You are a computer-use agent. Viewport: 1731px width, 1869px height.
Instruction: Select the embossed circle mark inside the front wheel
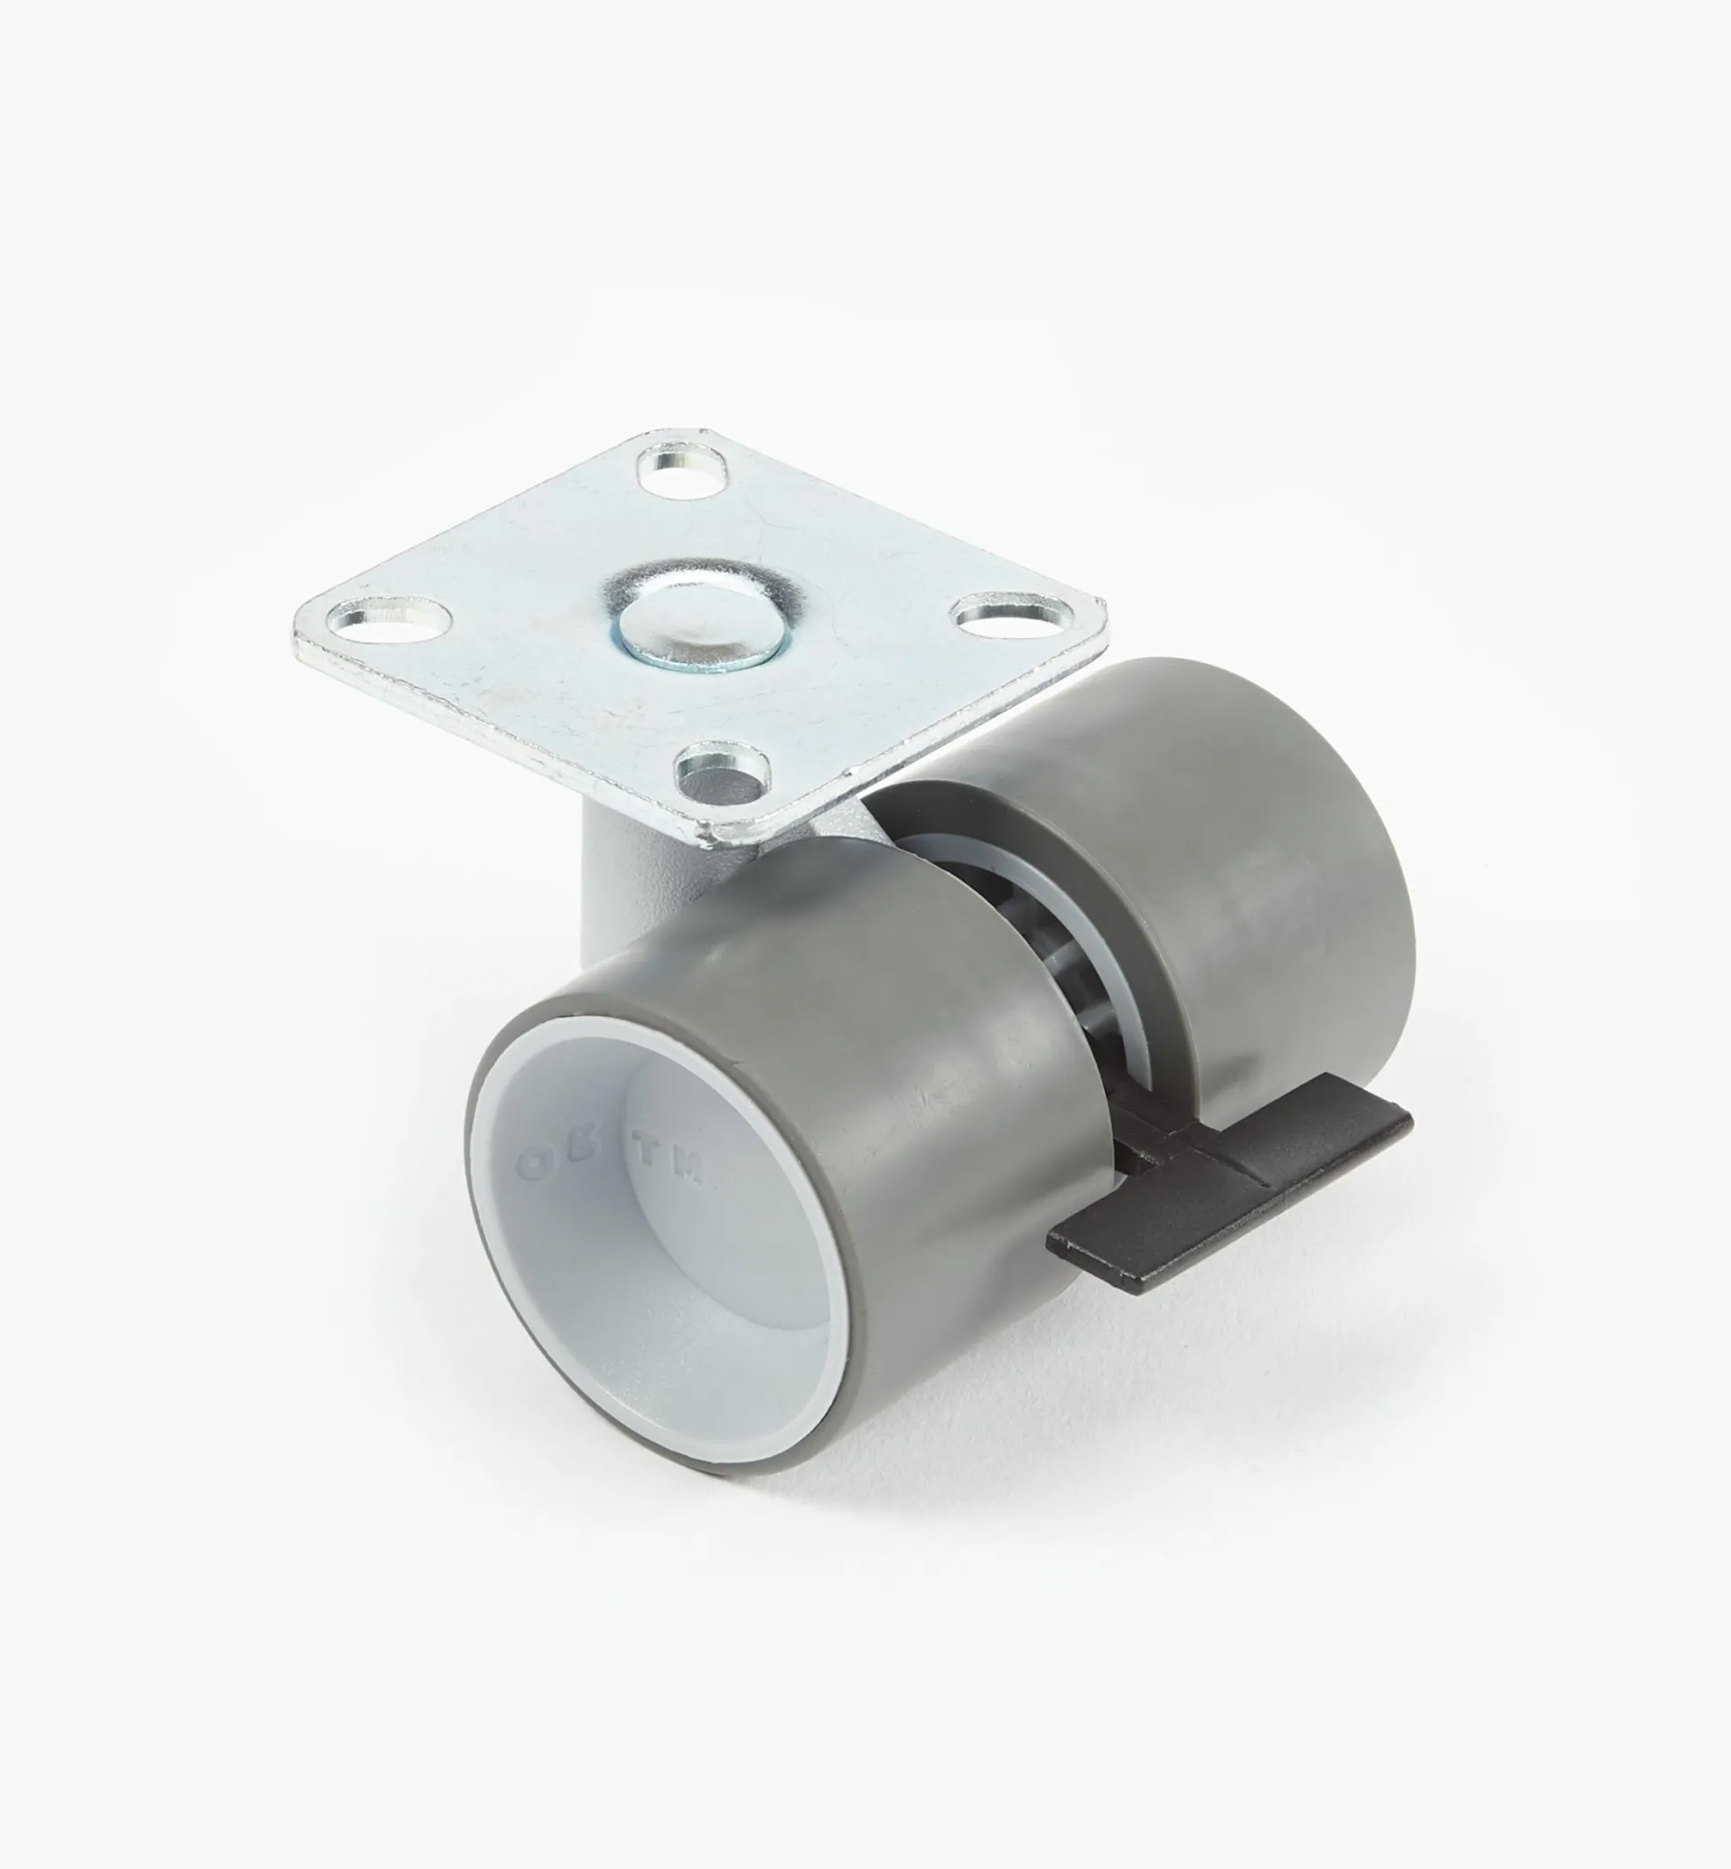(535, 1166)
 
